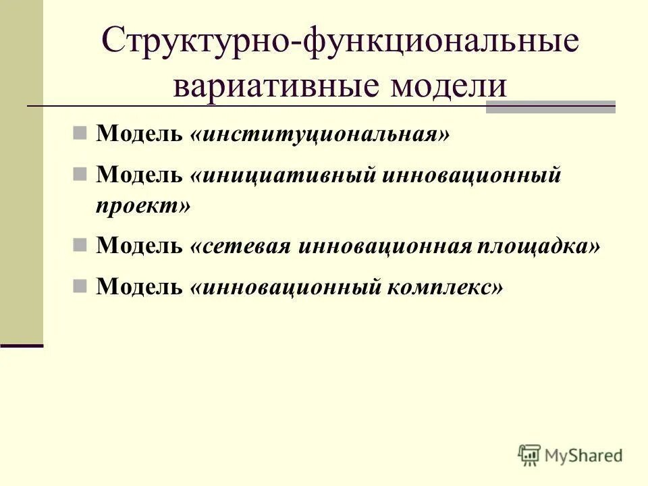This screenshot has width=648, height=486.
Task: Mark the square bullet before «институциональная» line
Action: pos(80,133)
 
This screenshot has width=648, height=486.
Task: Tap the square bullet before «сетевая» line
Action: pos(80,246)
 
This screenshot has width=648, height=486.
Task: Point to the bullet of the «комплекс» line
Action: pos(80,287)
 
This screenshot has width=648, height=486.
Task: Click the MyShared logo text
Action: pos(585,455)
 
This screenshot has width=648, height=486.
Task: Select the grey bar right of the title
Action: pos(551,107)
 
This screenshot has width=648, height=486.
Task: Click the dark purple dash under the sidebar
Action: pos(22,345)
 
